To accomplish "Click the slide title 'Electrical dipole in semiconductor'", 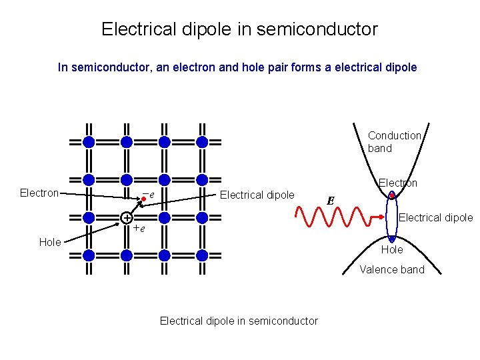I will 239,29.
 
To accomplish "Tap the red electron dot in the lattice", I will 143,198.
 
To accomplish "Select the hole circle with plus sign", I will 126,218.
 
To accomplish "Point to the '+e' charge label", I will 139,228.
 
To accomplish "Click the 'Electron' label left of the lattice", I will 39,193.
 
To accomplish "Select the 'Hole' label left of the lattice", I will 50,242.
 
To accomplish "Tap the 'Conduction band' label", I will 394,142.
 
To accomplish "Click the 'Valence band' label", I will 392,270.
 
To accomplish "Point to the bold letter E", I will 331,199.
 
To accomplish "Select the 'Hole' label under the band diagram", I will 392,249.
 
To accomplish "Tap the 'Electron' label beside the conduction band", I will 398,183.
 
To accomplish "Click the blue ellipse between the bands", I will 392,217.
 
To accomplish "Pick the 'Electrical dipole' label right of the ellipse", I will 435,217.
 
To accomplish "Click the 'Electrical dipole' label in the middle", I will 257,195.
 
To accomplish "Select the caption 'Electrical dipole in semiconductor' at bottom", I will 239,321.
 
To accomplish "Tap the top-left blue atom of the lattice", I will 89,141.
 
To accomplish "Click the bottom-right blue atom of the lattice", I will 203,255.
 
